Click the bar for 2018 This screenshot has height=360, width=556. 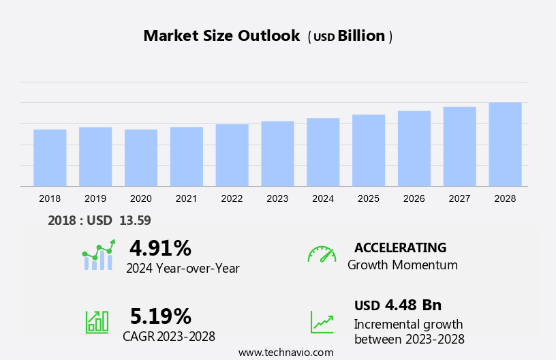coord(50,157)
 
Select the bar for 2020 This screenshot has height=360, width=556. coord(141,157)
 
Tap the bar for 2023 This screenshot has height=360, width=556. coord(277,153)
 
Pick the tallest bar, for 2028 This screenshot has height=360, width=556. coord(505,144)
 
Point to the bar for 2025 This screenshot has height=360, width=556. coord(369,150)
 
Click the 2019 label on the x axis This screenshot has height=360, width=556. coord(95,198)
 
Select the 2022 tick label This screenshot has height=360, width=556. coord(232,198)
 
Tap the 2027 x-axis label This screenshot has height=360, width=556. coord(459,198)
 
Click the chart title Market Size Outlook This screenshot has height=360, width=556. coord(221,36)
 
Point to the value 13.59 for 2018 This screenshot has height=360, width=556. coord(135,220)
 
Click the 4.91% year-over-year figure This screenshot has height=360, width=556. coord(160,247)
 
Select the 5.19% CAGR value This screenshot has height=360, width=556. coord(160,316)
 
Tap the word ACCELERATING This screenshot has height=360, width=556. coord(400,247)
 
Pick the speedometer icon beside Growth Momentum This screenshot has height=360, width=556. coord(322,254)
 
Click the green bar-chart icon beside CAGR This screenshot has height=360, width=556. coord(97,321)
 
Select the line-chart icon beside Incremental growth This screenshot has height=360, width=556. coord(322,322)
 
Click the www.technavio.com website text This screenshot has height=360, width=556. coord(285,352)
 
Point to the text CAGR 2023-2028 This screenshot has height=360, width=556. coord(168,336)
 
